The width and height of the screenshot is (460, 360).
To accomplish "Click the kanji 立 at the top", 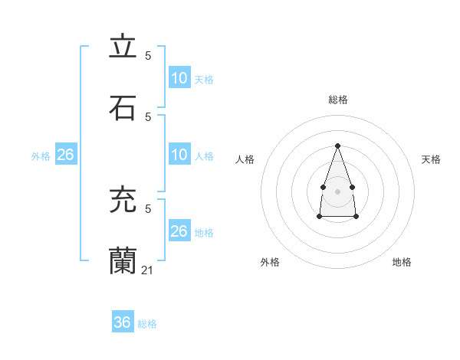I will click(x=123, y=47).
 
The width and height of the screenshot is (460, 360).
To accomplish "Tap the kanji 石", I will click(x=123, y=107).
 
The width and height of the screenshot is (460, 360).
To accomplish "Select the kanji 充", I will click(x=123, y=201).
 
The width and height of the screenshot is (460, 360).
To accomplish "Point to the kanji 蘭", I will click(x=123, y=261).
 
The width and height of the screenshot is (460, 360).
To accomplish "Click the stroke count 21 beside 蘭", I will click(x=148, y=270).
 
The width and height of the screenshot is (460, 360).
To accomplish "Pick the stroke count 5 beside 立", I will click(x=148, y=56).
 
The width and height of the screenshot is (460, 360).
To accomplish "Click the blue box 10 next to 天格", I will click(x=179, y=78).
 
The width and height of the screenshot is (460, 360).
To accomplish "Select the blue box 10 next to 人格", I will click(x=179, y=155).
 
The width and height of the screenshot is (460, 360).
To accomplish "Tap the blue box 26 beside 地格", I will click(x=179, y=231).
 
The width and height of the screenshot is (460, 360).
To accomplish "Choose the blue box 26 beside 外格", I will click(x=65, y=155).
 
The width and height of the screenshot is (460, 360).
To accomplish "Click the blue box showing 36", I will click(x=123, y=322).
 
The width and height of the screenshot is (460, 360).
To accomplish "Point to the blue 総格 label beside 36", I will click(x=147, y=324).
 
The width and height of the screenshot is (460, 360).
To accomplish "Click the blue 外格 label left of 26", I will click(x=41, y=156).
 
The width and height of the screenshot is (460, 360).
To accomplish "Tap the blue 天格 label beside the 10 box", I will click(x=204, y=80).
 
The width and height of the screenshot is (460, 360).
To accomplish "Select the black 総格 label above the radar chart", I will click(x=337, y=100).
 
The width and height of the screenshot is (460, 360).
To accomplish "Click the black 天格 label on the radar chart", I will click(x=431, y=159).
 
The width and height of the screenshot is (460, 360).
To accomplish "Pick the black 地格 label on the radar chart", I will click(x=402, y=262).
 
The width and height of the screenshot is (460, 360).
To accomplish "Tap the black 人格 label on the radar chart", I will click(x=245, y=159).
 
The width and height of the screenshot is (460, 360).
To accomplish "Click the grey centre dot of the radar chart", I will click(x=337, y=190).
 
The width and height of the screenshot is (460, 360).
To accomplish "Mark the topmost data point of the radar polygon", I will click(x=337, y=146).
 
